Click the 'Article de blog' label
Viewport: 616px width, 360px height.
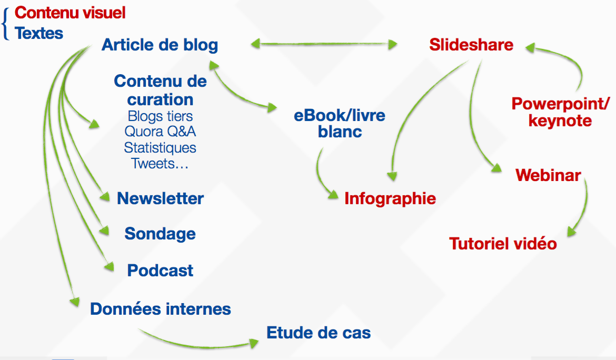tap(160, 45)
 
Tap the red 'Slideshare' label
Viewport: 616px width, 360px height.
tap(471, 45)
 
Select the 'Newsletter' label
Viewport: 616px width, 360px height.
tap(160, 198)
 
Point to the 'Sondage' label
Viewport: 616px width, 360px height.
tap(160, 234)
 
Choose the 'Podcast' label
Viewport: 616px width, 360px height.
tap(160, 271)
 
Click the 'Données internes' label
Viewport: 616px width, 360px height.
tap(160, 309)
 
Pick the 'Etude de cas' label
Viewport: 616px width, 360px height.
tap(319, 333)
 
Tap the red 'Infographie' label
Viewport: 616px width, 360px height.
tap(390, 198)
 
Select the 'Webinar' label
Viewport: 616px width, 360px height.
tap(548, 175)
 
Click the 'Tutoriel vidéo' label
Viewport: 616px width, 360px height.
tap(503, 243)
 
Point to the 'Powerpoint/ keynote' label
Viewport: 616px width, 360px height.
tap(561, 112)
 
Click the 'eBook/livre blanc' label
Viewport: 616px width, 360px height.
tap(340, 124)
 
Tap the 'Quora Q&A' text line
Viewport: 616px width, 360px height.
tap(160, 132)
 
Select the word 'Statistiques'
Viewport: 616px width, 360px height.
tap(160, 147)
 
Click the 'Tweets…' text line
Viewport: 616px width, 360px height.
tap(160, 163)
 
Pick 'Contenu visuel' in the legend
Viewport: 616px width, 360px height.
tap(70, 13)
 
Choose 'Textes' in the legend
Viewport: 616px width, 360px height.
tap(39, 33)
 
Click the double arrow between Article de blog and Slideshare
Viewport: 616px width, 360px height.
tap(324, 44)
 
